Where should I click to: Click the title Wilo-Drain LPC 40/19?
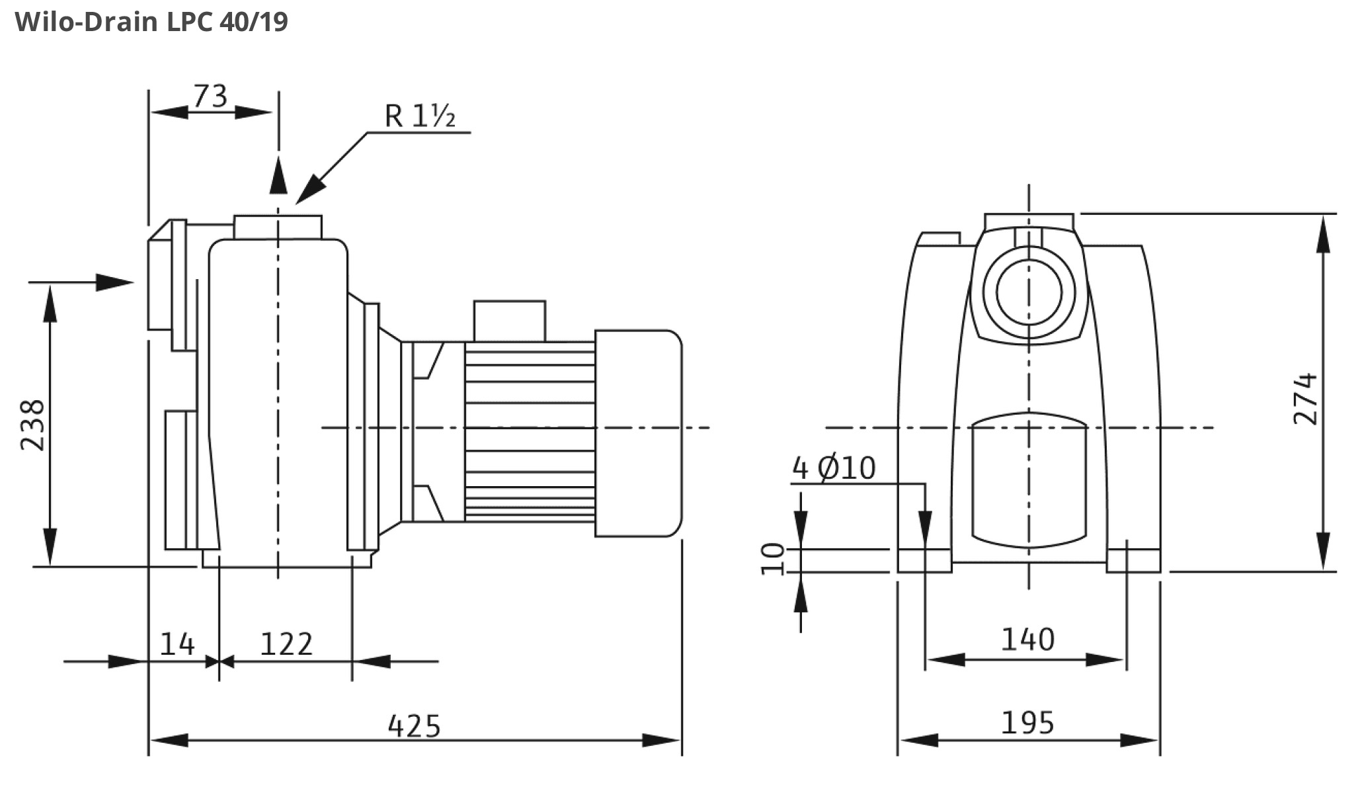click(x=151, y=22)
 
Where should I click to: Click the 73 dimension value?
click(x=210, y=97)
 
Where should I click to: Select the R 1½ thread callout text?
click(x=420, y=116)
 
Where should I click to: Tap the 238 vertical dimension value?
click(x=32, y=425)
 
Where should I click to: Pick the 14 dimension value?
click(x=177, y=644)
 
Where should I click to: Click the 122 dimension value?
click(x=286, y=644)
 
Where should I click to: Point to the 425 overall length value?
click(x=414, y=726)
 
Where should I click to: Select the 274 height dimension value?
click(x=1305, y=399)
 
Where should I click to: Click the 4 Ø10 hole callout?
click(x=834, y=468)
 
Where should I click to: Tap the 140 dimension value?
click(x=1027, y=640)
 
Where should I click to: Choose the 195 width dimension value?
click(x=1027, y=723)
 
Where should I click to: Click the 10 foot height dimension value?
click(x=773, y=559)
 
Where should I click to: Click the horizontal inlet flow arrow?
click(x=112, y=282)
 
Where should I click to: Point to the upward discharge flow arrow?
click(x=278, y=175)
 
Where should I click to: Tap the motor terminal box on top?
click(x=509, y=321)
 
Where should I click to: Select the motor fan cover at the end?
click(x=638, y=433)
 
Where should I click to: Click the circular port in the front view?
click(x=1028, y=292)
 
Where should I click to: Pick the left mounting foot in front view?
click(x=924, y=560)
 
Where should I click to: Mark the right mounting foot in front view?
click(x=1133, y=560)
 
